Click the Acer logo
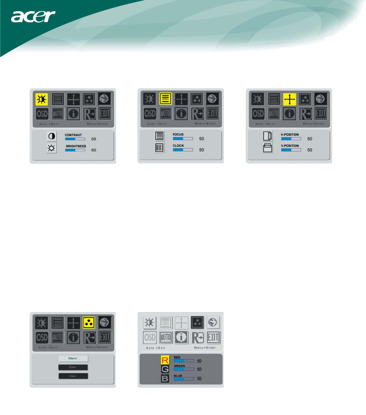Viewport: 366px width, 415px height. point(34,17)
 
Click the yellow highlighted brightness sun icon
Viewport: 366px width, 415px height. point(41,100)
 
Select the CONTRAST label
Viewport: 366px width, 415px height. point(74,135)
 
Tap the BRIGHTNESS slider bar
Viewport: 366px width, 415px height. point(75,150)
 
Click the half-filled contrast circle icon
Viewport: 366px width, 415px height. point(52,136)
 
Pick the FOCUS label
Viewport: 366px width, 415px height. point(178,135)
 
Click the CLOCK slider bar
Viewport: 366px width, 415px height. point(183,150)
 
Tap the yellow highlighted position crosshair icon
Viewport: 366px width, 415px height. point(289,100)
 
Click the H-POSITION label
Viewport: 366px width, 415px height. point(290,135)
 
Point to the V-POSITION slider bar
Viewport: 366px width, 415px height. point(291,150)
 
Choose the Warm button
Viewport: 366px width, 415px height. point(73,358)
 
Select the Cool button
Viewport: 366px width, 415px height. point(73,367)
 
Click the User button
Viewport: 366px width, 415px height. point(73,376)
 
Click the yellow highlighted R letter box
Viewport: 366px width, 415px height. point(165,360)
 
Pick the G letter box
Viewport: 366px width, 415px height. point(165,369)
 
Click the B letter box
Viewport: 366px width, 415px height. point(165,379)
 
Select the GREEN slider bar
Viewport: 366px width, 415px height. point(184,369)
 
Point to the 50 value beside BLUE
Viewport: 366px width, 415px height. point(199,379)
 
